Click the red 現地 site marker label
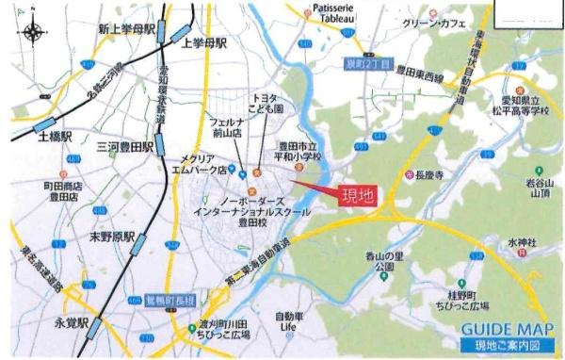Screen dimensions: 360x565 click(x=354, y=198)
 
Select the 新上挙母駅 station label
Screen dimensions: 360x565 click(x=125, y=30)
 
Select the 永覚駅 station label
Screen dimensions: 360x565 click(x=72, y=321)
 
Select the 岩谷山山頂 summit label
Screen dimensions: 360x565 click(x=539, y=189)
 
